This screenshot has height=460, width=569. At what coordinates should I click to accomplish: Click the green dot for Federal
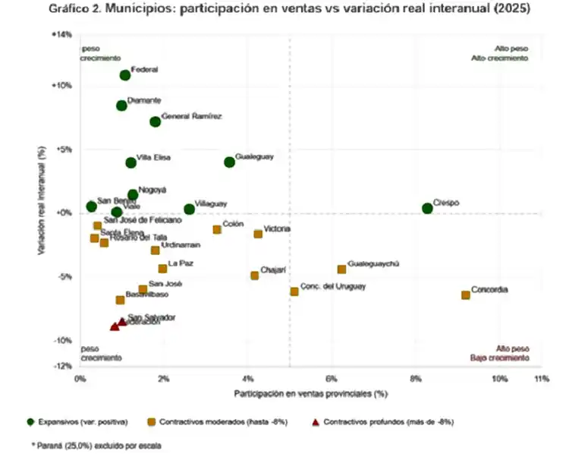tap(124, 75)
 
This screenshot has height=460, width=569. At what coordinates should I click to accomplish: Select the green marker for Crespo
tap(428, 208)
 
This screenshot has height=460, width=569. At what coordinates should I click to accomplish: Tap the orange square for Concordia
tap(466, 295)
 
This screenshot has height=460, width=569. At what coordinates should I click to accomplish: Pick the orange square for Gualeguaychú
tap(342, 269)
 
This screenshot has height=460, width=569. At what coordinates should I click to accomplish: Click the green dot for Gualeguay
tap(230, 162)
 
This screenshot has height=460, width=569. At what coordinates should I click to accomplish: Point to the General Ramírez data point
tap(156, 121)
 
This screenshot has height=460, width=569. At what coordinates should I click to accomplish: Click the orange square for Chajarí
tap(255, 276)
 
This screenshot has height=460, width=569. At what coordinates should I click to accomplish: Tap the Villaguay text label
tap(211, 203)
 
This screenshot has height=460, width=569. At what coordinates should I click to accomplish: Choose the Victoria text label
tap(277, 228)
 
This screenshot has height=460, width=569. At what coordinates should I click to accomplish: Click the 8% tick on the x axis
tap(415, 378)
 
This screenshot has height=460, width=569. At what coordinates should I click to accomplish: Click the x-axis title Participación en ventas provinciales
tap(310, 393)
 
